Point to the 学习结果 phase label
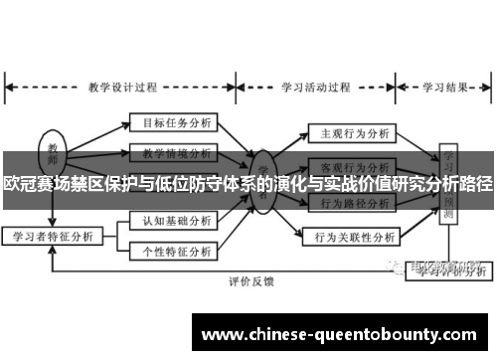tap(445, 85)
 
